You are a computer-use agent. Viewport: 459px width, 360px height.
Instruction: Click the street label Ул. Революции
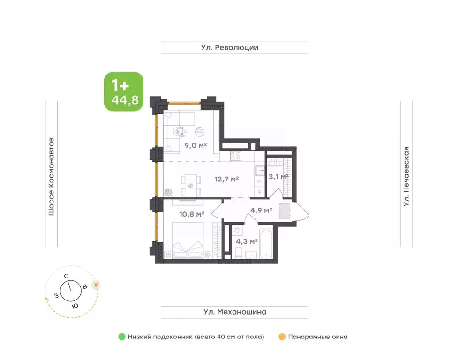click(230, 48)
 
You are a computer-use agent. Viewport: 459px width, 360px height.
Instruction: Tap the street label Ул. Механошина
click(235, 312)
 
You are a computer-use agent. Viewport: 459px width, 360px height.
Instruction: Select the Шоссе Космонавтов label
click(51, 177)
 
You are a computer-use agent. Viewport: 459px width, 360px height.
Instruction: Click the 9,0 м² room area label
click(196, 145)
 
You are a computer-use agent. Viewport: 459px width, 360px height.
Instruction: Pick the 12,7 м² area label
click(226, 179)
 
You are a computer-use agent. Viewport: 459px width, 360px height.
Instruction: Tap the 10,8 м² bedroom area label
click(192, 214)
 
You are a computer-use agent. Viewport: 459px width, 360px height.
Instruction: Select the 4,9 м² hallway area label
click(262, 210)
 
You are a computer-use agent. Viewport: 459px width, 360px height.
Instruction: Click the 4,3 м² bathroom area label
click(247, 241)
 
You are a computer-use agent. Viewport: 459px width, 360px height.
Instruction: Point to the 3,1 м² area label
click(278, 177)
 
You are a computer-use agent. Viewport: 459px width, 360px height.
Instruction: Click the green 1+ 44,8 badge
click(123, 91)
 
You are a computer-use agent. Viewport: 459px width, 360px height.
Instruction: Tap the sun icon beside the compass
click(96, 285)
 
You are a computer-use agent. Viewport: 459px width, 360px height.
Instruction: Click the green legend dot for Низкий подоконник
click(122, 337)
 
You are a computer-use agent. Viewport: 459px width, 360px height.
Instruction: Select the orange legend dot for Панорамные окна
click(282, 337)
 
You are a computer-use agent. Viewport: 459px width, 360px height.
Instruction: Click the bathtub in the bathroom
click(266, 242)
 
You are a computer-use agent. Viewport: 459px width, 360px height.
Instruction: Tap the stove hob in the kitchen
click(235, 156)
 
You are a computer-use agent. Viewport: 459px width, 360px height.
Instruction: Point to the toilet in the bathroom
click(239, 253)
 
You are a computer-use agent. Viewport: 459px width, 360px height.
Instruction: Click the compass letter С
click(66, 276)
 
